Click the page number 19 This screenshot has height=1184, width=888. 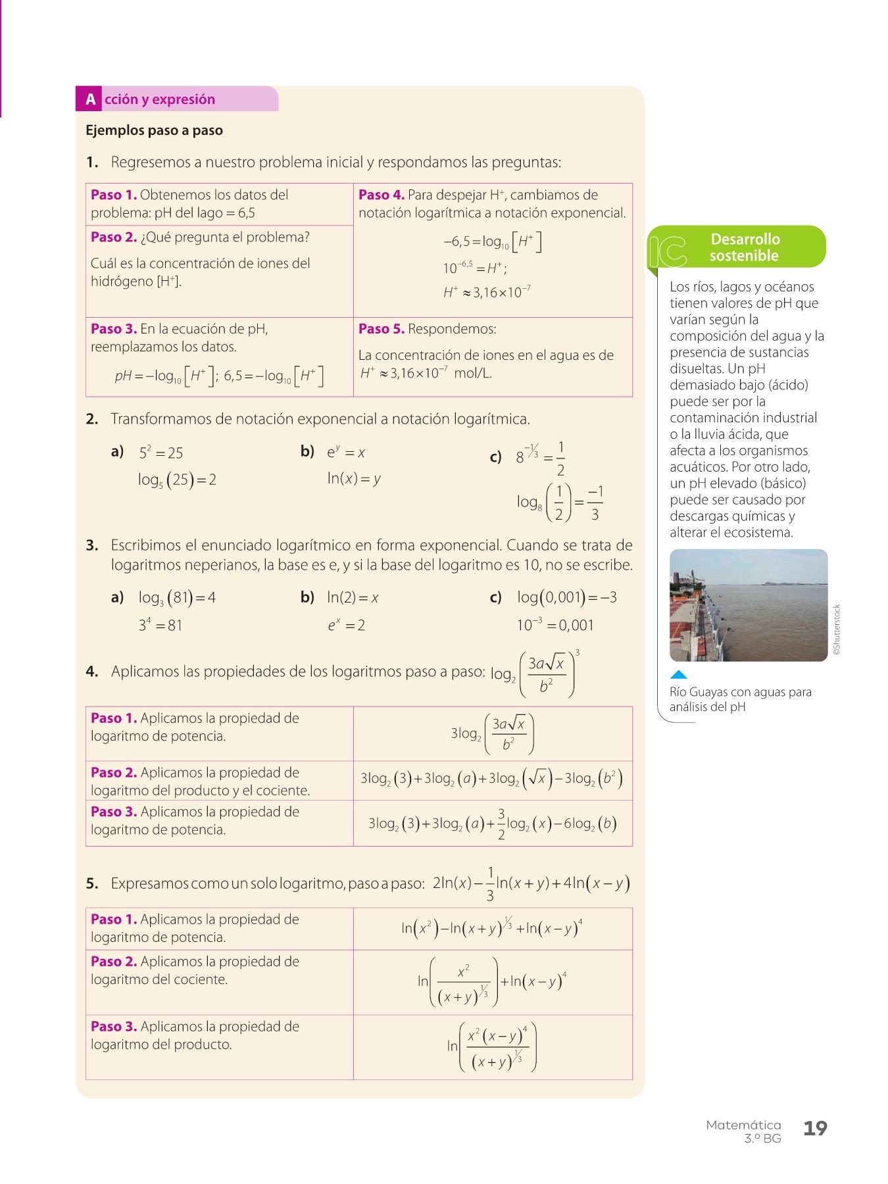point(815,1128)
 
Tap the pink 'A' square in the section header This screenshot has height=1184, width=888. point(90,99)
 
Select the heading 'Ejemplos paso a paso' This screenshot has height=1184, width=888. point(154,130)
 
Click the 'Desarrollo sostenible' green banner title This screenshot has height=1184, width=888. point(745,247)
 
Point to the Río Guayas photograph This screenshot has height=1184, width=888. point(748,605)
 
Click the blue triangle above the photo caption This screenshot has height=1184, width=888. point(678,674)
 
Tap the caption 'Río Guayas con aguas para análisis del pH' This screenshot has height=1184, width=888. point(740,699)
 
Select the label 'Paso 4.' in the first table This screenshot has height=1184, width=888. point(381,195)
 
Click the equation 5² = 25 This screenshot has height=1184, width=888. point(160,453)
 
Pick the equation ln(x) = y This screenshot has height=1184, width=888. point(354,478)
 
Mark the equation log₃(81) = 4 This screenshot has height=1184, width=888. point(177,598)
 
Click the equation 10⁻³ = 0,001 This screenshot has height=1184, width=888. point(555,625)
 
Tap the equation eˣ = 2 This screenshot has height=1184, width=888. point(346,625)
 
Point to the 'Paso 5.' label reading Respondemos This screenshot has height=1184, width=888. point(381,329)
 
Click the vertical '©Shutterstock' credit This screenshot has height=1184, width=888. point(837,629)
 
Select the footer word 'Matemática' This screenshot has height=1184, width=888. point(743,1125)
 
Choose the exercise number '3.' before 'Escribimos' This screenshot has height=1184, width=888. point(92,545)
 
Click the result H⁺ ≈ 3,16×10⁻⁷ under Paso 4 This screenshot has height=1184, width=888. point(487,292)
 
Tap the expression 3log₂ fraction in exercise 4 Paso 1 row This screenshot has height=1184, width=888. point(492,733)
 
